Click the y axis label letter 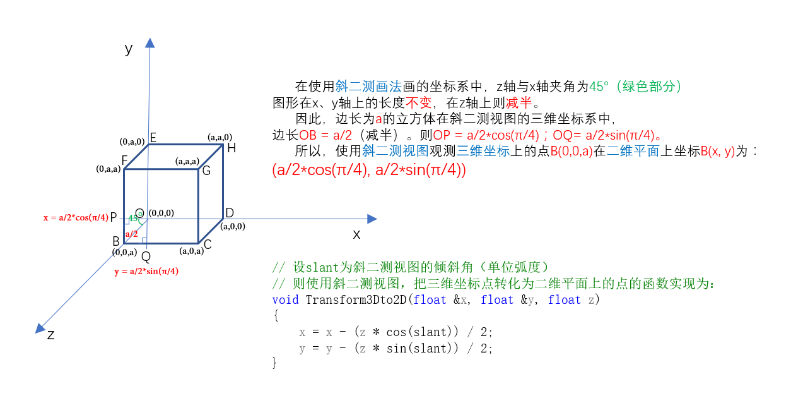[129, 48]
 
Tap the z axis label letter [51, 335]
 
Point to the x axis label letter [356, 234]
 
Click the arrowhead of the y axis [149, 42]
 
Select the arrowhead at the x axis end [372, 219]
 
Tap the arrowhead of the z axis [40, 328]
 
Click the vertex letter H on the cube [232, 148]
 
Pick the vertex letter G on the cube [206, 171]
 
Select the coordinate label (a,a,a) [187, 161]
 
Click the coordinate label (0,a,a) [108, 169]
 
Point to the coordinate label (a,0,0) [233, 226]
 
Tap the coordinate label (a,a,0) [220, 136]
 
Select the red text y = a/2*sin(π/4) [146, 272]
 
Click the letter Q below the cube [146, 256]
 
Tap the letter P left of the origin [114, 217]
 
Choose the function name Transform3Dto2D [356, 299]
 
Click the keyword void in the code [285, 299]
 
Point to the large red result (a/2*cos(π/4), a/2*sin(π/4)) [369, 170]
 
